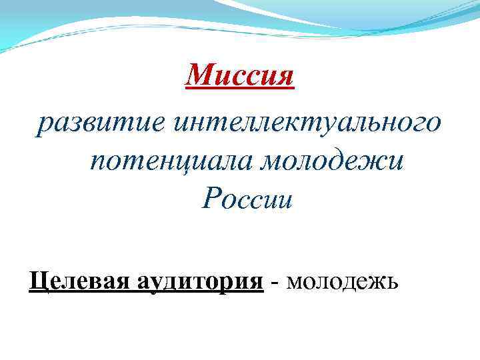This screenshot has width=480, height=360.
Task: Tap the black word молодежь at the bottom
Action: [x=343, y=282]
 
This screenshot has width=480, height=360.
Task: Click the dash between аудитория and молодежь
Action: [x=275, y=283]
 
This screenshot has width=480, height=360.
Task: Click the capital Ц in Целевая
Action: [x=37, y=282]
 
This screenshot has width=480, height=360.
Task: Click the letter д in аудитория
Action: [x=174, y=283]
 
